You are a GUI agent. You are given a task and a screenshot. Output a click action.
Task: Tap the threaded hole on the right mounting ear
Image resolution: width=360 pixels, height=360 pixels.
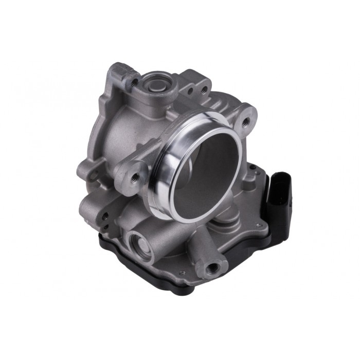[x=246, y=121]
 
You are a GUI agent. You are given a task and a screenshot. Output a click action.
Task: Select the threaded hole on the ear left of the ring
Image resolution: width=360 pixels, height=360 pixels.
[x=134, y=177]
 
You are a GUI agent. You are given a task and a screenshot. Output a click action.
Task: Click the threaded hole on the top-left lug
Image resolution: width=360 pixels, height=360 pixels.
[x=134, y=81]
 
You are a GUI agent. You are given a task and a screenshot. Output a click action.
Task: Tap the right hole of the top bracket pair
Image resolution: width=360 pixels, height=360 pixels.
[x=204, y=90]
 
